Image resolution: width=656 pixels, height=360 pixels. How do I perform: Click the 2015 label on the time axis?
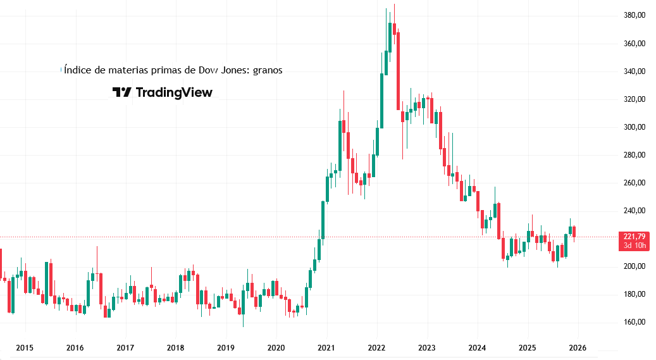(25, 347)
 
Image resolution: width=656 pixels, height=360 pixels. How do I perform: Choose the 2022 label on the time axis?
(377, 347)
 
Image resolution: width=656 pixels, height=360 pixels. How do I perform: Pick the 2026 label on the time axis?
(578, 347)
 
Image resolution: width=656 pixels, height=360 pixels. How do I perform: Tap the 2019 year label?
(226, 347)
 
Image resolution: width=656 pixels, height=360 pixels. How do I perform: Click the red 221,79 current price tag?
(634, 237)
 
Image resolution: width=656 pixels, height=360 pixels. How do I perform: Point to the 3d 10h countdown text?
(634, 245)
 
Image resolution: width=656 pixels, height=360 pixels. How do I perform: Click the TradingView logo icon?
(121, 92)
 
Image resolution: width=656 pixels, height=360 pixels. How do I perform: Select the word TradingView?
(174, 92)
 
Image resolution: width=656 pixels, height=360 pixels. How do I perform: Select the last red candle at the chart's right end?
(574, 232)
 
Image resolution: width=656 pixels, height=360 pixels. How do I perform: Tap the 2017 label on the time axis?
(125, 347)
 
